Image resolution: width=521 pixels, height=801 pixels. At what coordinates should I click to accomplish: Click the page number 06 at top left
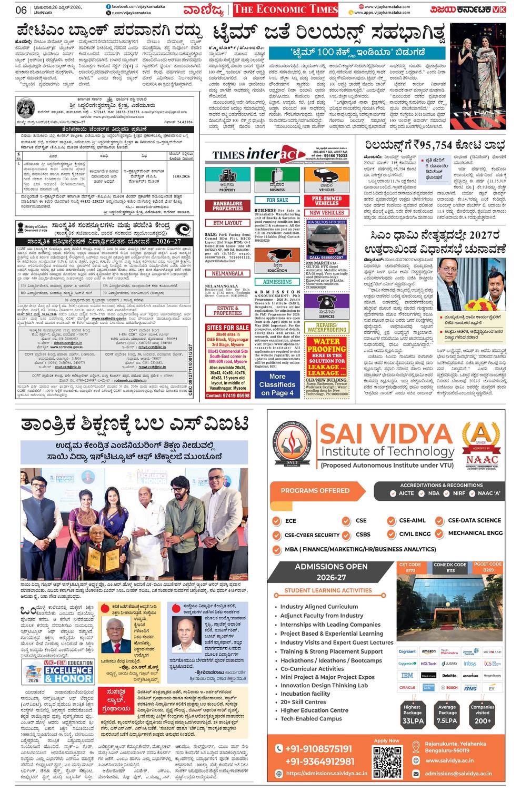tap(21, 10)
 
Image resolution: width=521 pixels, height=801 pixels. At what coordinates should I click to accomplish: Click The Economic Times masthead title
tap(285, 9)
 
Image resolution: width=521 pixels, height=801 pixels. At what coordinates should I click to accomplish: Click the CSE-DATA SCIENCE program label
tap(474, 520)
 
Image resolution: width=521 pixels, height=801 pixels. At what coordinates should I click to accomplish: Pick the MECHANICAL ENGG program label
tap(475, 533)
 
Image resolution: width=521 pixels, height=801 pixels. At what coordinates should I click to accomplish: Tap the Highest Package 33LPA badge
tap(413, 714)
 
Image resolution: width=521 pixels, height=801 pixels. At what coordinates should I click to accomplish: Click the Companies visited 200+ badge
tap(482, 714)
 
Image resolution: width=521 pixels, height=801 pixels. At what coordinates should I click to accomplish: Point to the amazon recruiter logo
tap(428, 652)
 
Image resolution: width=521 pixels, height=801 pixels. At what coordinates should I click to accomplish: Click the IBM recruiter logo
tap(407, 676)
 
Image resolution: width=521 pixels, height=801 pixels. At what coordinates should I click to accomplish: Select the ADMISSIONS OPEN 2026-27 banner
tap(331, 572)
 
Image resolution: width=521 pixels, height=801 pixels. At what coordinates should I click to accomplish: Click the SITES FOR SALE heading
tap(228, 328)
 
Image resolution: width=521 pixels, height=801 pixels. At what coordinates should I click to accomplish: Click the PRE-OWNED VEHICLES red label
tap(326, 201)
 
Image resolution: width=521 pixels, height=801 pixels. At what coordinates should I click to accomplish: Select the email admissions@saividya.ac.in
tap(458, 773)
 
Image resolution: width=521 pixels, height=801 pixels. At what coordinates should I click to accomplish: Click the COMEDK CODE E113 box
tap(450, 567)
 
